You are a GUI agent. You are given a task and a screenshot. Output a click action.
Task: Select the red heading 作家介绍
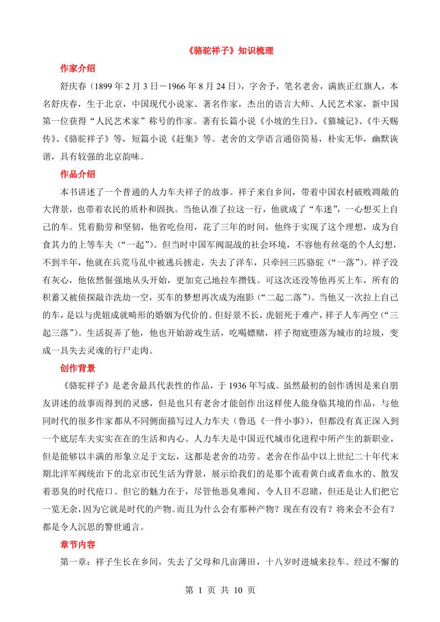click(78, 69)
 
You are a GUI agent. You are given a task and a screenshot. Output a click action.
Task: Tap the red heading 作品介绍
click(78, 174)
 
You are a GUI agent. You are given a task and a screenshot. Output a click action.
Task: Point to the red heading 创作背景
click(78, 368)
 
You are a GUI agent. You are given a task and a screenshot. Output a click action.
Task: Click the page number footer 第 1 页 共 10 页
click(220, 591)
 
